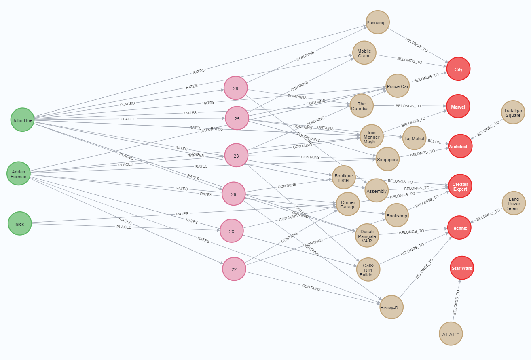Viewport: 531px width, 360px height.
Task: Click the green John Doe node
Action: tap(22, 120)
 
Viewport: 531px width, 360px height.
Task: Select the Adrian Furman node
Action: tap(19, 174)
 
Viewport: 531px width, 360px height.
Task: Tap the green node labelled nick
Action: tap(19, 224)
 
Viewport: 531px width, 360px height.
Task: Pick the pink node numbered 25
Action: tap(237, 118)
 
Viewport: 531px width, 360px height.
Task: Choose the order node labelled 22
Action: tap(234, 269)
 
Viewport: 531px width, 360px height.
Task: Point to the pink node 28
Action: tap(232, 231)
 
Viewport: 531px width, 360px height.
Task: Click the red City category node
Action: tap(458, 69)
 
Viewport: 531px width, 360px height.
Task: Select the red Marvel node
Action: tap(458, 107)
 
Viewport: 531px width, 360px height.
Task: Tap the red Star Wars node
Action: tap(462, 268)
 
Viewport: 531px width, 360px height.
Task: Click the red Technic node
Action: tap(459, 228)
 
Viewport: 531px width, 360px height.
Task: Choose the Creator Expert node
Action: tap(460, 187)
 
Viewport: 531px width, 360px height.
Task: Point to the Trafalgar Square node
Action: tap(513, 113)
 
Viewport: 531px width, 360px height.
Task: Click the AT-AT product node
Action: tap(451, 334)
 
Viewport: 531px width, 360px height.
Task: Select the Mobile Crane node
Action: tap(364, 53)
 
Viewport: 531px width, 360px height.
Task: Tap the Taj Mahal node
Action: tap(414, 139)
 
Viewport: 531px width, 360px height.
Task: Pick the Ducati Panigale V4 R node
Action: tap(367, 236)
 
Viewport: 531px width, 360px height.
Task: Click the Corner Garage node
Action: tap(348, 205)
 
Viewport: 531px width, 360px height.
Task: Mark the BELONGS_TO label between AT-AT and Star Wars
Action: tap(456, 303)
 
